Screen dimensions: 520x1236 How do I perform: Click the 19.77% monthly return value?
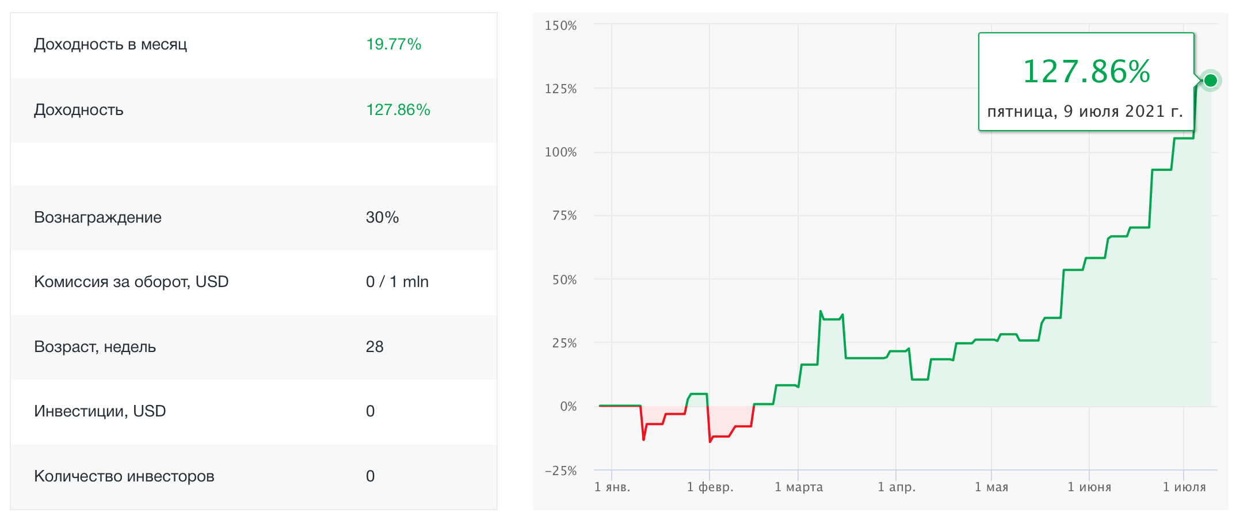tap(394, 44)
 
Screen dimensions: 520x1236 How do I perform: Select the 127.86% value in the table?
tap(398, 110)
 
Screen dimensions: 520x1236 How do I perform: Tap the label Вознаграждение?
tap(98, 217)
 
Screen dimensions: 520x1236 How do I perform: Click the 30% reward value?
tap(382, 217)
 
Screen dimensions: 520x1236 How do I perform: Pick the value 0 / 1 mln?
tap(397, 282)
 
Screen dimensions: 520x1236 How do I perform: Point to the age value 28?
tap(375, 347)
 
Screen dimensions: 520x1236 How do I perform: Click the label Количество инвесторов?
tap(124, 476)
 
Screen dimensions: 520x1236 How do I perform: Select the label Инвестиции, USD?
tap(100, 411)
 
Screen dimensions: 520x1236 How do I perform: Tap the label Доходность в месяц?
tap(110, 44)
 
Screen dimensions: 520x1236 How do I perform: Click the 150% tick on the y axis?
tap(560, 26)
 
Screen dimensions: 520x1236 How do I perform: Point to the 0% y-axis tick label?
tap(568, 407)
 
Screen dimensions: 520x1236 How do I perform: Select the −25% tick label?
tap(560, 471)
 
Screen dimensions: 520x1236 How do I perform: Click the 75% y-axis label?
tap(564, 216)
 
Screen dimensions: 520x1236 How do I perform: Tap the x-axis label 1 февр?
tap(710, 487)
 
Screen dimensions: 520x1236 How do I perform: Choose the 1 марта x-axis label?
tap(799, 487)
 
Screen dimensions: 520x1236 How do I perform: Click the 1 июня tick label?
tap(1089, 487)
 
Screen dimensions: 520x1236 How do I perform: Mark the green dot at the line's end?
tap(1211, 80)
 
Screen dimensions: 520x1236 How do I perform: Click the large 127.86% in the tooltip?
tap(1086, 72)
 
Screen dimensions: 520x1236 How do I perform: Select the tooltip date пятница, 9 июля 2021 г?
tap(1085, 112)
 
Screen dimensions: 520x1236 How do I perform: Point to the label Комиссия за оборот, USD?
tap(131, 282)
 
